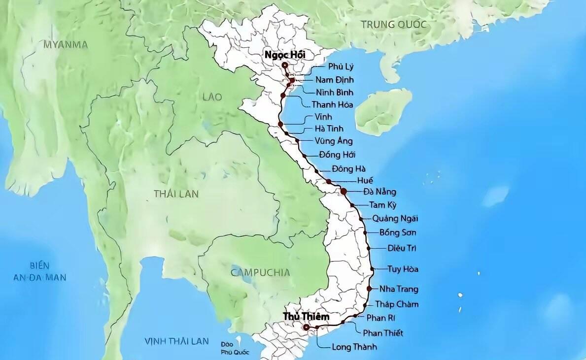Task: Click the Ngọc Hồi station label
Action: tap(285, 55)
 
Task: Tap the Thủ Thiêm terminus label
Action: tap(306, 316)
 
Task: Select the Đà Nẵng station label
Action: tap(379, 192)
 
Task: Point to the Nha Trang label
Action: tap(399, 289)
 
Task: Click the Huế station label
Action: tap(365, 180)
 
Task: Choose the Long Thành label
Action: tap(354, 347)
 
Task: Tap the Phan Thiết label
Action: tap(383, 333)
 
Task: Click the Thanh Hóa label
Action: tap(332, 104)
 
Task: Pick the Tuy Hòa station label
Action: tap(403, 269)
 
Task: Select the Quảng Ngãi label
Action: tap(395, 219)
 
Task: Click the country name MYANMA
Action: tap(66, 45)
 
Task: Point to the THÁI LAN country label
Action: tap(176, 194)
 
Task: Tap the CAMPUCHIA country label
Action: tap(260, 272)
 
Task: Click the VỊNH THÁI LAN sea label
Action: tap(176, 341)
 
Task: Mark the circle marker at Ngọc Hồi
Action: tap(285, 65)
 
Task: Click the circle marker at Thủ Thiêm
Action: tap(306, 327)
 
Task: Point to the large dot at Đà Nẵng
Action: tap(344, 191)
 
